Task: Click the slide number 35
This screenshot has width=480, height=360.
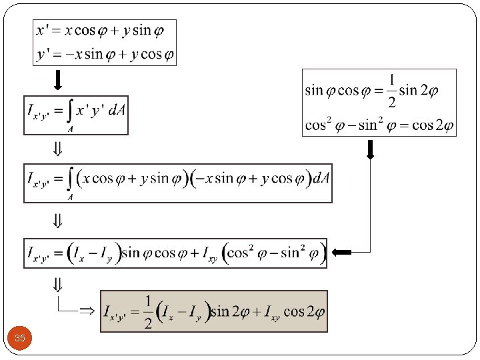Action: [x=20, y=339]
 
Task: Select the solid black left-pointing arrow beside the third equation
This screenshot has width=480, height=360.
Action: [x=341, y=252]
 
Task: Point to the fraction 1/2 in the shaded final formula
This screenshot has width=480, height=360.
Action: [x=147, y=311]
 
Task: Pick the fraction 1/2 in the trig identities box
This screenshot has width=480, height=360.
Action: [x=391, y=91]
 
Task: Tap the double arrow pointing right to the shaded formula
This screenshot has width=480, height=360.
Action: [x=87, y=311]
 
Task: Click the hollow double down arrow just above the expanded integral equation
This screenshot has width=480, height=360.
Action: [x=58, y=150]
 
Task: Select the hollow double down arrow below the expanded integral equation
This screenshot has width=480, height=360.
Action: [x=58, y=220]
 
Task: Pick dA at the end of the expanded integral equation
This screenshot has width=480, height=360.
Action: [x=321, y=179]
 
